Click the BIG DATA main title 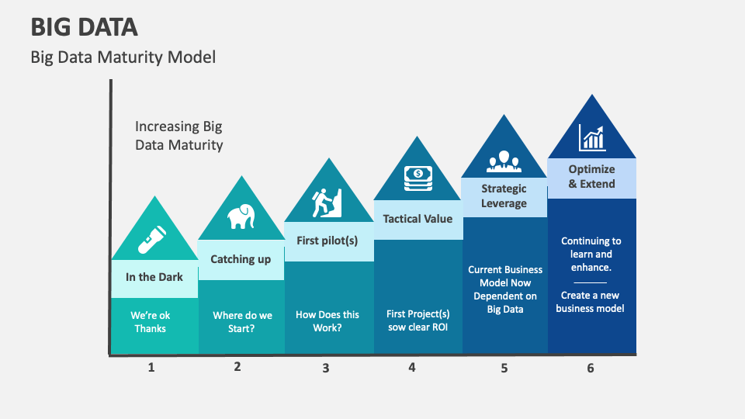[84, 27]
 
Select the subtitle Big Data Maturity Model [123, 57]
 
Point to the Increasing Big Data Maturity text [178, 136]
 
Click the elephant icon [241, 217]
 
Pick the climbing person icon [327, 203]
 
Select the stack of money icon [418, 178]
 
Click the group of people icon [504, 162]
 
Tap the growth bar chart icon [591, 139]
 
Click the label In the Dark [154, 277]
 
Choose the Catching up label [241, 259]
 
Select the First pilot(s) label [327, 241]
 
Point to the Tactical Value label [418, 219]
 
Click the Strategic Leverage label [504, 196]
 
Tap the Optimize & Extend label [591, 177]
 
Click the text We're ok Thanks [151, 322]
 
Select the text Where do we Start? [242, 321]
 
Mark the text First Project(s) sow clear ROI [418, 320]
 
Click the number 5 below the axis [504, 368]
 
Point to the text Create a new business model [591, 302]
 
